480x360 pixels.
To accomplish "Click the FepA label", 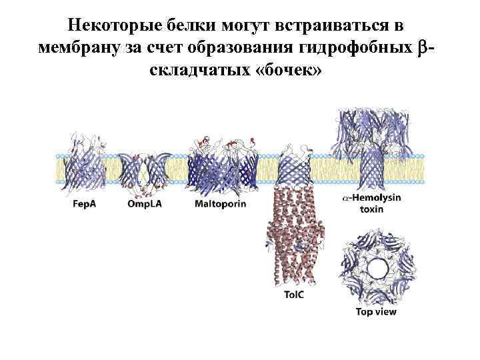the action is (x=84, y=203).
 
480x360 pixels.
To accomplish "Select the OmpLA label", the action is (x=145, y=203).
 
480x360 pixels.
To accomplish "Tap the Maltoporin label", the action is (x=220, y=203).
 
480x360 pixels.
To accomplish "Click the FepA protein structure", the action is (x=85, y=167).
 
